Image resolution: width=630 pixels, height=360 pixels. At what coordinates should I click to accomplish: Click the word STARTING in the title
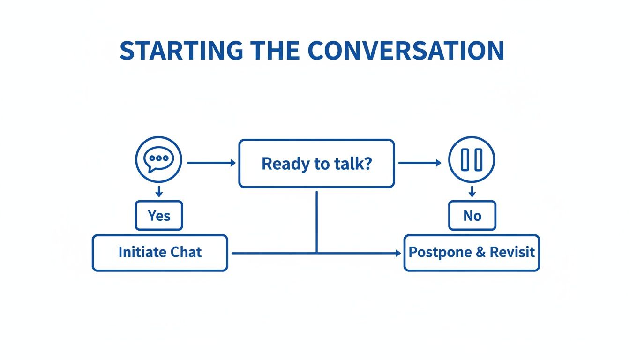(181, 51)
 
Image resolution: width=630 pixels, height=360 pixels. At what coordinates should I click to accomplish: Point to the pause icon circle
(472, 160)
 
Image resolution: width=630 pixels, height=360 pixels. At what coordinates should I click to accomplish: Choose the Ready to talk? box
(316, 164)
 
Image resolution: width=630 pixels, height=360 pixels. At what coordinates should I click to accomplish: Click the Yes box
(159, 216)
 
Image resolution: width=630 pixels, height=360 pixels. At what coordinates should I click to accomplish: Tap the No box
(472, 216)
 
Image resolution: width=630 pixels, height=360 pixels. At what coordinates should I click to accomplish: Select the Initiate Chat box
(160, 253)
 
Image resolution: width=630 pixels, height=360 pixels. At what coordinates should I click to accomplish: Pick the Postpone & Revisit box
(472, 253)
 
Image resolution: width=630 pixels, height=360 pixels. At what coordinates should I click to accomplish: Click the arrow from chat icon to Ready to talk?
(211, 163)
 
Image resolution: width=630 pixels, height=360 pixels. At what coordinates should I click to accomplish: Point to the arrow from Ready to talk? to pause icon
(420, 163)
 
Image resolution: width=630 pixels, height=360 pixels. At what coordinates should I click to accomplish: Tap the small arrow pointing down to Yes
(159, 191)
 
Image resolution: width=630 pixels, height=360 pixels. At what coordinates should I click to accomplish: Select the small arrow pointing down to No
(472, 191)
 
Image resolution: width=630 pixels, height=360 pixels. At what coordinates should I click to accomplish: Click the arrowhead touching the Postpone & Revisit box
(398, 253)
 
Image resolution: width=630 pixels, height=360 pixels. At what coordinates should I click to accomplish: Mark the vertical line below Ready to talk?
(317, 220)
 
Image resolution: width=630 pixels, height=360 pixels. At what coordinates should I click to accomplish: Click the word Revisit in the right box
(512, 252)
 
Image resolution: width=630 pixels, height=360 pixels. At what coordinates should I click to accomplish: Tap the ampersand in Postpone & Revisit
(480, 252)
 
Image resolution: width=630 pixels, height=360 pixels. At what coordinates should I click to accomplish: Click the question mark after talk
(367, 164)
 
